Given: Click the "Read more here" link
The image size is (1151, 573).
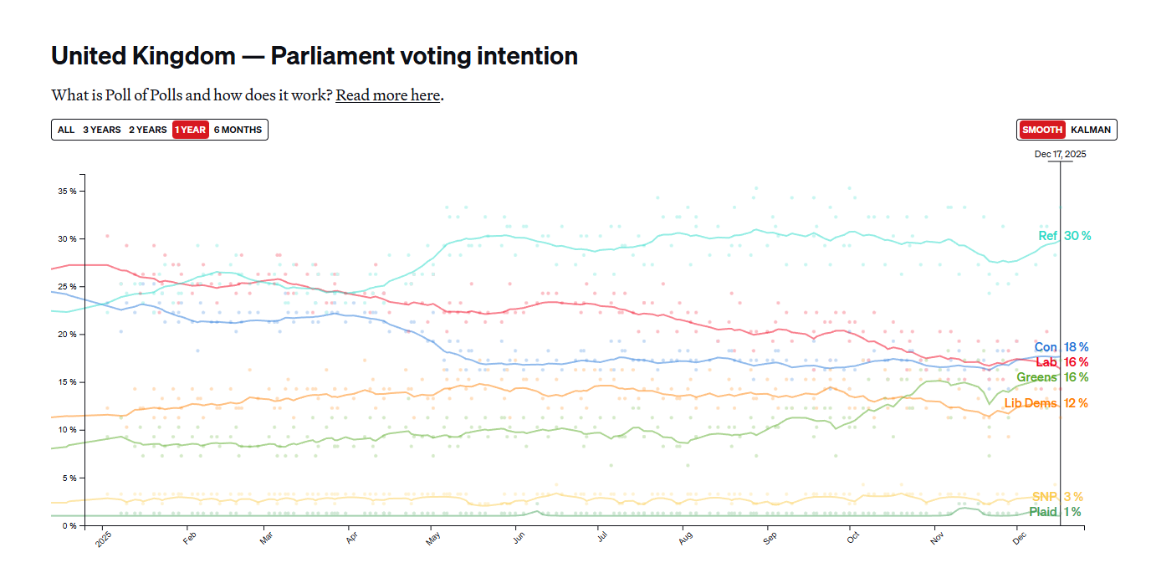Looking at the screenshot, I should (388, 95).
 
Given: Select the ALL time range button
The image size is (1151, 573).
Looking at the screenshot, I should (66, 130).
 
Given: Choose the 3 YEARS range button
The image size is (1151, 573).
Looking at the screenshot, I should (102, 130).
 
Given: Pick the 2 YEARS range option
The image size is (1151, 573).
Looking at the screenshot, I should (147, 130).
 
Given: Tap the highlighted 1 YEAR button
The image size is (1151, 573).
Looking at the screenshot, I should (190, 130).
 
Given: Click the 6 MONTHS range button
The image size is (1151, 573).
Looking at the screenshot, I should (238, 130).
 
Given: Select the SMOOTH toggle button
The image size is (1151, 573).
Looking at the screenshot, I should (1042, 130).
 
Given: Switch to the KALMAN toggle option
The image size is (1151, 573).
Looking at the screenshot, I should (1091, 130).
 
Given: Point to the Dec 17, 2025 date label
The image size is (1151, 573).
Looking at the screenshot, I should (1060, 154).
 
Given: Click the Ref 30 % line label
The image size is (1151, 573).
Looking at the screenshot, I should (1064, 236).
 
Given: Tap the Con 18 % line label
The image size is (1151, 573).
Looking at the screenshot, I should (1061, 347).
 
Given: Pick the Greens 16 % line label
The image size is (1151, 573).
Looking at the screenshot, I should (1052, 377).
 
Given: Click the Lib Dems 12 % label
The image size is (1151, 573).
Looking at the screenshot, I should (1046, 403).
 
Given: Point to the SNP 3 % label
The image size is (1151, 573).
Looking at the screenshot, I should (1057, 497).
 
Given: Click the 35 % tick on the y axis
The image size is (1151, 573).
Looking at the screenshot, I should (67, 191).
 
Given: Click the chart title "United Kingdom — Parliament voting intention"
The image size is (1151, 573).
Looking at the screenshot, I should (315, 56).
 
